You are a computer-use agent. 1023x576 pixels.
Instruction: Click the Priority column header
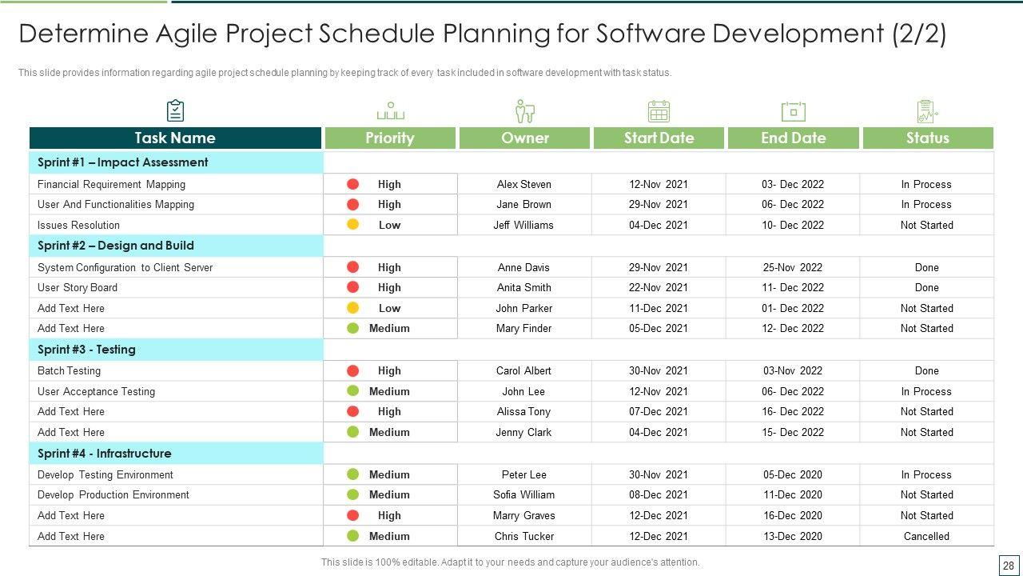389,138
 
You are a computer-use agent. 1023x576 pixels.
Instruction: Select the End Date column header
793,138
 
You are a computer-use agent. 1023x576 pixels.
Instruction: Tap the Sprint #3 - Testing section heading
86,350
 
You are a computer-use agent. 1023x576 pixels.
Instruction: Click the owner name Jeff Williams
523,225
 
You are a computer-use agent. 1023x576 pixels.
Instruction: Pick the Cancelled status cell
926,536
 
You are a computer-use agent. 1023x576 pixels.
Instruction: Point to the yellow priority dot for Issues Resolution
352,225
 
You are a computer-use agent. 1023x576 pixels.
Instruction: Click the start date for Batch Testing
658,370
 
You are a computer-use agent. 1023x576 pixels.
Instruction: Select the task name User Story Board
78,287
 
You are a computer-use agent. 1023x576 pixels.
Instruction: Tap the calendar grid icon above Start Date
659,111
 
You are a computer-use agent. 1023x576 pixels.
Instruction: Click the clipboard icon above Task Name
175,110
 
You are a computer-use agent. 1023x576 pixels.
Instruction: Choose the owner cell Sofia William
523,494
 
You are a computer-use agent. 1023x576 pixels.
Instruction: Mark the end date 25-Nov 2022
792,267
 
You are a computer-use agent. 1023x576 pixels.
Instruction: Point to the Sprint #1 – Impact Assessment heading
122,162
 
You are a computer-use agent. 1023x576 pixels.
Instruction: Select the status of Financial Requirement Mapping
926,184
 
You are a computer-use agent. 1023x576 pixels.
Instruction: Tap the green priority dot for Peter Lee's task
352,474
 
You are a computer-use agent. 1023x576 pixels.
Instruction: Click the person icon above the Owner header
524,111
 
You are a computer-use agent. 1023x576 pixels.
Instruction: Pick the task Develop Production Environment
113,494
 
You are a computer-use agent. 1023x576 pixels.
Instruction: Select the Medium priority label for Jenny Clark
389,432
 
